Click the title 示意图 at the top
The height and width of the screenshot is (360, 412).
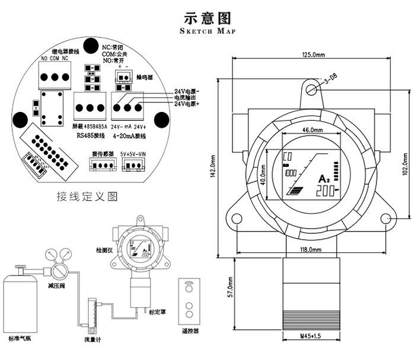[206, 17]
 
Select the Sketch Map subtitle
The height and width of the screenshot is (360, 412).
[206, 31]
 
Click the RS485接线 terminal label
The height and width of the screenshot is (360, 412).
[90, 136]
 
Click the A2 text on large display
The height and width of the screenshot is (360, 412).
[324, 178]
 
